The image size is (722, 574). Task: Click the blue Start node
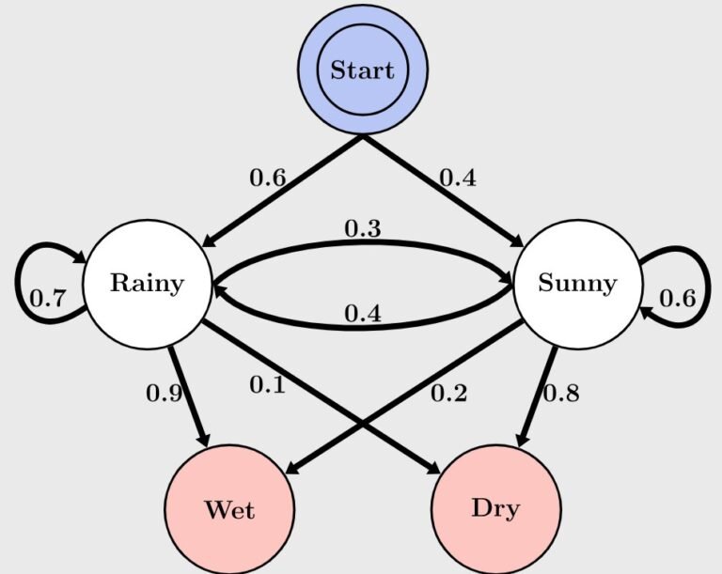[363, 70]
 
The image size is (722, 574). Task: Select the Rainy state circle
[147, 283]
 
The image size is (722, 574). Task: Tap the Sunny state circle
[576, 283]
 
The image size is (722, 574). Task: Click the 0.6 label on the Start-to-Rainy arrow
[267, 178]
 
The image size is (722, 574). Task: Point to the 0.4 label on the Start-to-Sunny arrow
[457, 178]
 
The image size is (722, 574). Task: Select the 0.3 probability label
[362, 228]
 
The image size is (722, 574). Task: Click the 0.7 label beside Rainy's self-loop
[48, 300]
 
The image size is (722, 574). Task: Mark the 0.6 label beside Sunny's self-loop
[677, 299]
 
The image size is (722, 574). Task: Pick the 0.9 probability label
[164, 393]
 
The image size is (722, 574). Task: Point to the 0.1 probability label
[267, 384]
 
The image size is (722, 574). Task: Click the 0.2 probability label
[448, 393]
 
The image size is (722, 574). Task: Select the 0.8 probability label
[560, 393]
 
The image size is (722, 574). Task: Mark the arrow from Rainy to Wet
[188, 395]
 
